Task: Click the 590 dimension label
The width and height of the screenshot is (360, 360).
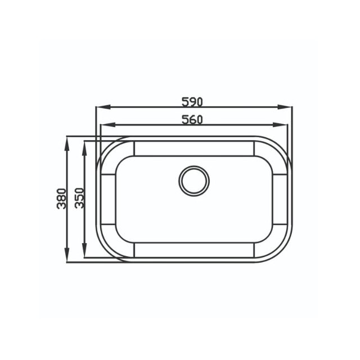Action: [192, 102]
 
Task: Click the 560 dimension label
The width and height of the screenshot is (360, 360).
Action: [192, 120]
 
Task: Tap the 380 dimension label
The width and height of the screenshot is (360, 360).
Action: [61, 199]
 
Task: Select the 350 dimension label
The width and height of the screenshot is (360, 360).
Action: [80, 198]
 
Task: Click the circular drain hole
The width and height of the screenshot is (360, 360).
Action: [194, 181]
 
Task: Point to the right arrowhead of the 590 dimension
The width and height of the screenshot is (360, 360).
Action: [285, 107]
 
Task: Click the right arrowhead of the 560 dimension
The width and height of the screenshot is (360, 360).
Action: [280, 125]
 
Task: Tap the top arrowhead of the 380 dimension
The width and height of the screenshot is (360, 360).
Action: [67, 144]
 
